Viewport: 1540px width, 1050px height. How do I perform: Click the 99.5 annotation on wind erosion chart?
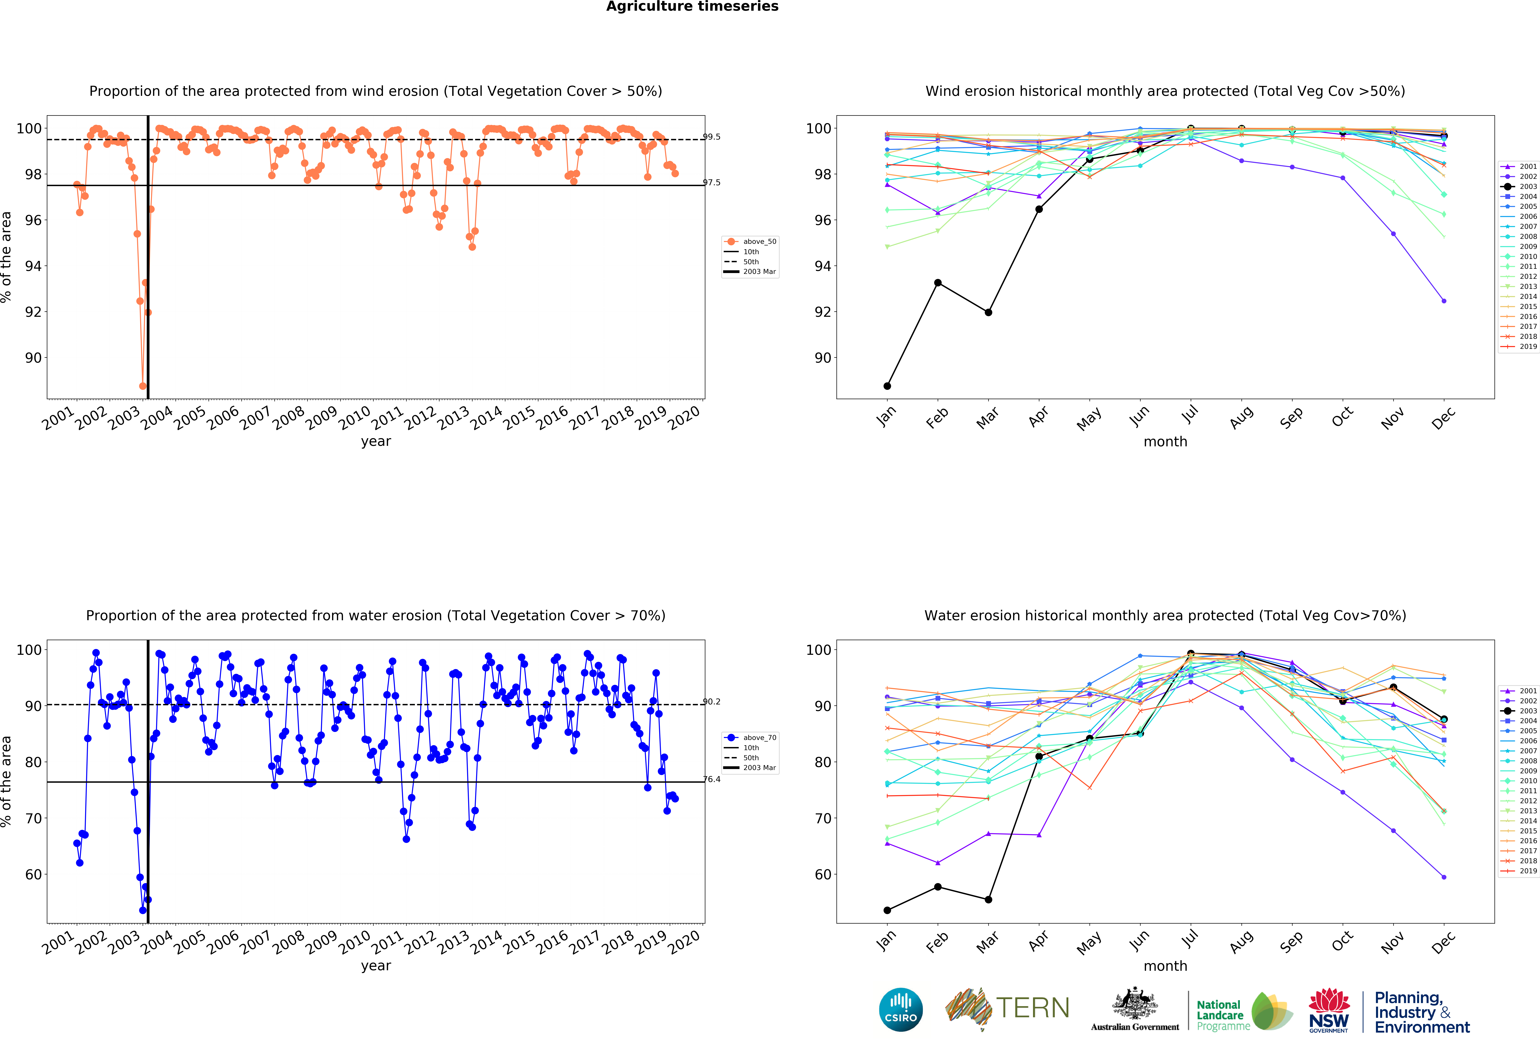(712, 137)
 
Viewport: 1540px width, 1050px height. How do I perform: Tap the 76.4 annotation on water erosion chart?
(712, 780)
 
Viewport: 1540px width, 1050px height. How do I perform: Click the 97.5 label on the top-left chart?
(712, 183)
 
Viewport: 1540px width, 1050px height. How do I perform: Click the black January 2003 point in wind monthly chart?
(887, 386)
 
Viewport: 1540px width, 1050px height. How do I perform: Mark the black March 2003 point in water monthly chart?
(988, 900)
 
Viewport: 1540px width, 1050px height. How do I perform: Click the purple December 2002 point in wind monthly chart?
(1444, 301)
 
